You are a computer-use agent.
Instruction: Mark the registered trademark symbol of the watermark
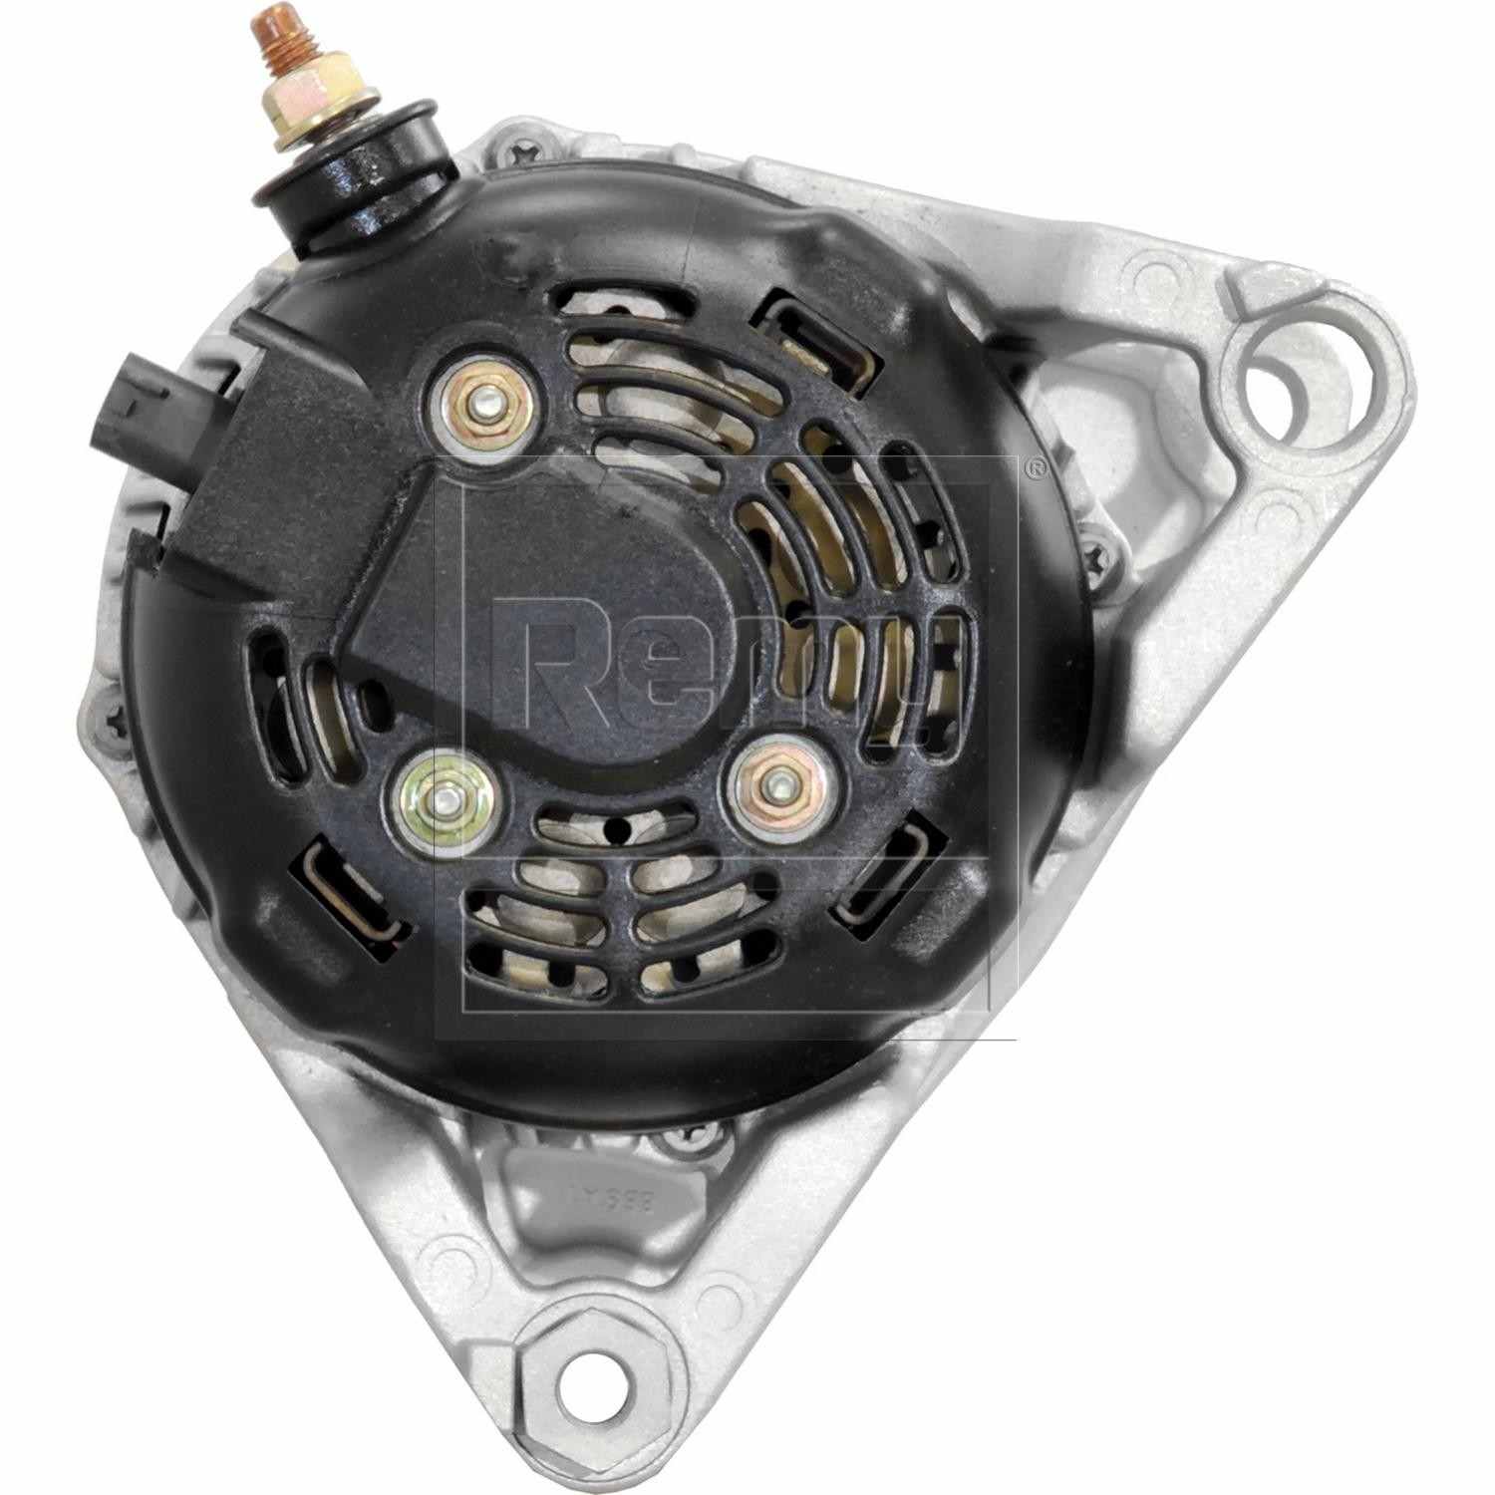1035,469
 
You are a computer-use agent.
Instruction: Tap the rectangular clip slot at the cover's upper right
808,333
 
